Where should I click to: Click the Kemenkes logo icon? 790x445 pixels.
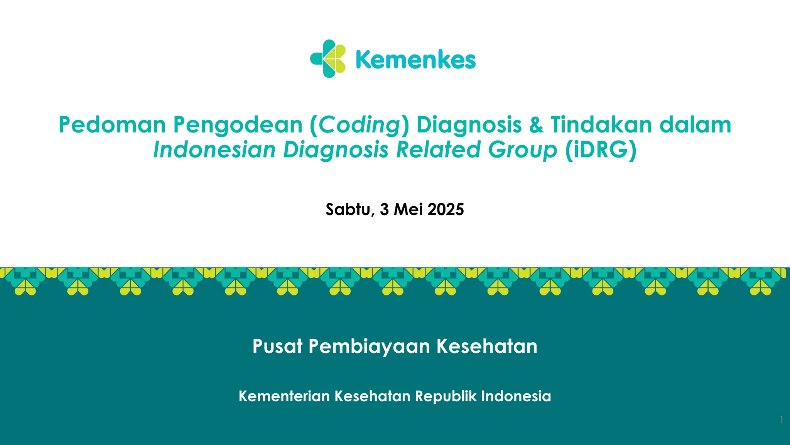point(328,59)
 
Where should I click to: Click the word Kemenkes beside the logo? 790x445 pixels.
point(416,60)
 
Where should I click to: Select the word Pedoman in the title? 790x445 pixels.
point(112,125)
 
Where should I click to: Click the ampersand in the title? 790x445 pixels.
point(536,125)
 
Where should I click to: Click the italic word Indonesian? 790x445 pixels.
point(214,150)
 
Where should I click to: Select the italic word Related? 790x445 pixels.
point(438,150)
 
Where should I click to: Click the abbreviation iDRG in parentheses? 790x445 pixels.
point(601,150)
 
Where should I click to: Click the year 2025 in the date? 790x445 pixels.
point(446,209)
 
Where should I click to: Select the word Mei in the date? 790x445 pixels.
point(408,209)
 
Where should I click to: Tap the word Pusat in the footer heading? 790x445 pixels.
point(277,346)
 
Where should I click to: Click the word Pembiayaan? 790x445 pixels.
point(369,346)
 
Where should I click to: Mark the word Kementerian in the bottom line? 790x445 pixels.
point(284,396)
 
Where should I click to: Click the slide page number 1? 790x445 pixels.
point(782,420)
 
